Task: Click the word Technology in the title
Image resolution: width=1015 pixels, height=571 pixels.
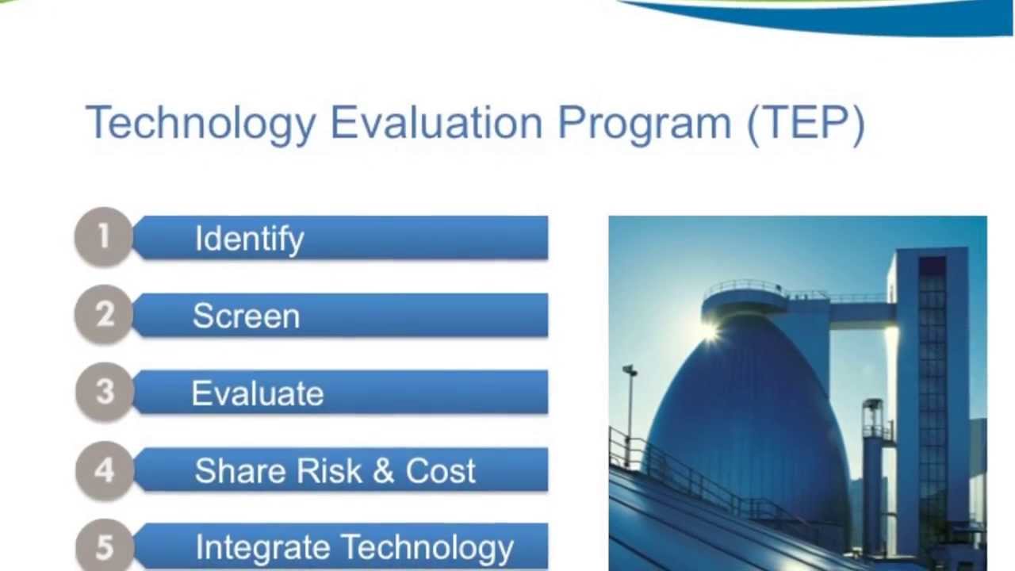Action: coord(200,124)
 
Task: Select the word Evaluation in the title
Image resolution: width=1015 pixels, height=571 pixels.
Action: coord(436,124)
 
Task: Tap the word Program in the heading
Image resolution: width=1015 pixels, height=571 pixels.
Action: coord(644,124)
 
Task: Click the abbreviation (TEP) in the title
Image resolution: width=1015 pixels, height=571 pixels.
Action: coord(806,124)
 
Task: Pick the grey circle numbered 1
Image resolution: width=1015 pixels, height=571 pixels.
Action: coord(103,236)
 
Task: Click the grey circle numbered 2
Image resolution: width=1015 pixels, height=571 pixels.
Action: coord(104,314)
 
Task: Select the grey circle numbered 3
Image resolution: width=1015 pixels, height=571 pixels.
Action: coord(104,392)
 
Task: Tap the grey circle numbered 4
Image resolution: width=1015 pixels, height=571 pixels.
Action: coord(104,469)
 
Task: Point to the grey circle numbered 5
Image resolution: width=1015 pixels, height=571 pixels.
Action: coord(104,546)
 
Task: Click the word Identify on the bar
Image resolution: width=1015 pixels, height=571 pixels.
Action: coord(249,239)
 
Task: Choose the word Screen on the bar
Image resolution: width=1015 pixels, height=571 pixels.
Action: coord(246,316)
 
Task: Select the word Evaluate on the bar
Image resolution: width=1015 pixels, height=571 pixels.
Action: coord(257,393)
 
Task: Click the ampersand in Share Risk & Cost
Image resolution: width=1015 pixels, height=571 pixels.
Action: coord(383,471)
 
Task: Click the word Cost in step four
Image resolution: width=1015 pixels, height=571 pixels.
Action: coord(440,471)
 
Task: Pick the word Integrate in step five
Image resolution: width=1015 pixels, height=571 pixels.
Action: coord(262,547)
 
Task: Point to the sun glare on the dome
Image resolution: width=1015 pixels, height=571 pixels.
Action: coord(708,331)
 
